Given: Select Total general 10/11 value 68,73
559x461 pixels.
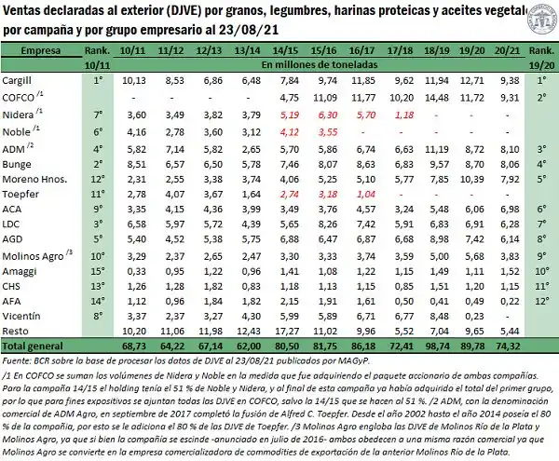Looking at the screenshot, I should pos(134,346).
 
